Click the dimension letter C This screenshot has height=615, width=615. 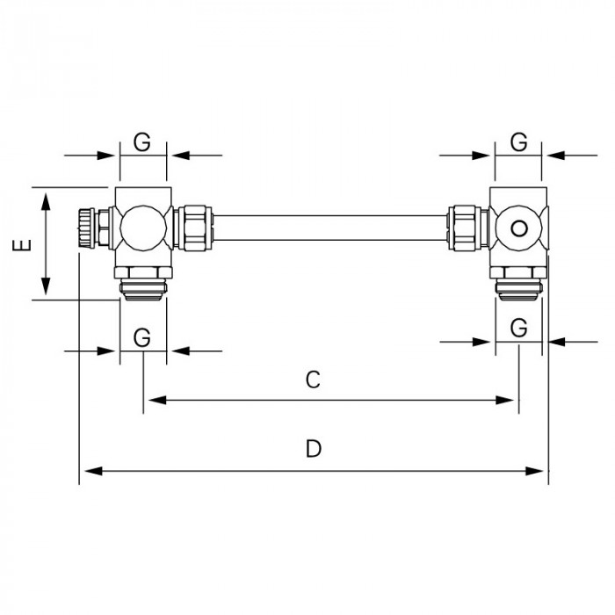tap(312, 380)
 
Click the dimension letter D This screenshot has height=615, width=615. tap(314, 449)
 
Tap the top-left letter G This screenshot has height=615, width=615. tap(142, 141)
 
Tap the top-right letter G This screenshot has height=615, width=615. tap(519, 141)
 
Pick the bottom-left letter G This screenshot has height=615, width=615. tap(142, 336)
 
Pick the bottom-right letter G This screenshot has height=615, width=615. tap(519, 327)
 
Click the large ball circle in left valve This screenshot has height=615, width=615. tap(142, 227)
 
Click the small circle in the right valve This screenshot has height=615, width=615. tap(519, 229)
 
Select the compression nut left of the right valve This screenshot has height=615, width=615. tap(466, 227)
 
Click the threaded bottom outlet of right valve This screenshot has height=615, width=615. tap(519, 286)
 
